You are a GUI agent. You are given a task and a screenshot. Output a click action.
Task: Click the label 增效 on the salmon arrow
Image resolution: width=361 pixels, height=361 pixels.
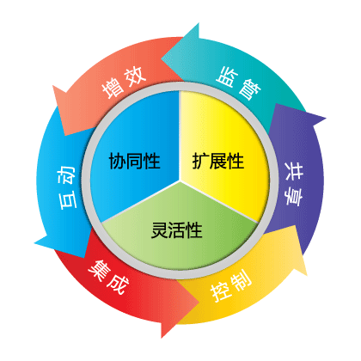coord(124,83)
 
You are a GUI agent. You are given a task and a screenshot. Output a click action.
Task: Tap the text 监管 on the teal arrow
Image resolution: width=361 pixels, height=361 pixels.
coord(238,83)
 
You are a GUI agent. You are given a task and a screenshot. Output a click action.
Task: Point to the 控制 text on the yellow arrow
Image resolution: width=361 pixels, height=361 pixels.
coord(231,285)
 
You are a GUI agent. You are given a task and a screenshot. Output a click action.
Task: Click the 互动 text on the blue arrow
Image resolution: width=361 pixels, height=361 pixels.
coord(67,187)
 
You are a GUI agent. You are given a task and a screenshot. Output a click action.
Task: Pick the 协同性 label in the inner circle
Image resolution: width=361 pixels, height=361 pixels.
coord(134,161)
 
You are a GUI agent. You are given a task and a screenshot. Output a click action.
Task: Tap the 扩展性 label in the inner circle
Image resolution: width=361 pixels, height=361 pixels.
coord(218,161)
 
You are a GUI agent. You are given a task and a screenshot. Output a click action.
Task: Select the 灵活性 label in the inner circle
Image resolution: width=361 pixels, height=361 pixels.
coord(177,230)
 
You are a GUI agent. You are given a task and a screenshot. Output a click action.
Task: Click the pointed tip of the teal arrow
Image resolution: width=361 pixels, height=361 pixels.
coord(162,59)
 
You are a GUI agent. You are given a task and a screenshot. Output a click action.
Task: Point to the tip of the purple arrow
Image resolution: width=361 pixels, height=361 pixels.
coord(326,118)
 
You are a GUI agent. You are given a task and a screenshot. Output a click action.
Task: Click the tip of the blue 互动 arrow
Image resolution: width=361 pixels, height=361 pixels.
coord(34,243)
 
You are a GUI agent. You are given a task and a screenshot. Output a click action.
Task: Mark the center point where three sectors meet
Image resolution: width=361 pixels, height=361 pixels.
coord(180,180)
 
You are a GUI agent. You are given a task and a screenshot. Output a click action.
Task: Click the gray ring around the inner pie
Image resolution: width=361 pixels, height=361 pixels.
coord(180,87)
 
